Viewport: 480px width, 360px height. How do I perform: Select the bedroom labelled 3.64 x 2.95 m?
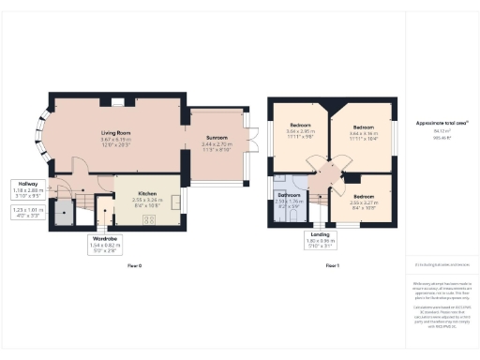pos(300,125)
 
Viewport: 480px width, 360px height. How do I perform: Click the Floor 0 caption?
pos(134,266)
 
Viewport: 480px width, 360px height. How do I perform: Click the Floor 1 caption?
pos(331,266)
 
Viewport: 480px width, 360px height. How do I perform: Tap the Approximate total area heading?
pos(435,123)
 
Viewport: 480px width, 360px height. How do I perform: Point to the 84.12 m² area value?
pos(434,132)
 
